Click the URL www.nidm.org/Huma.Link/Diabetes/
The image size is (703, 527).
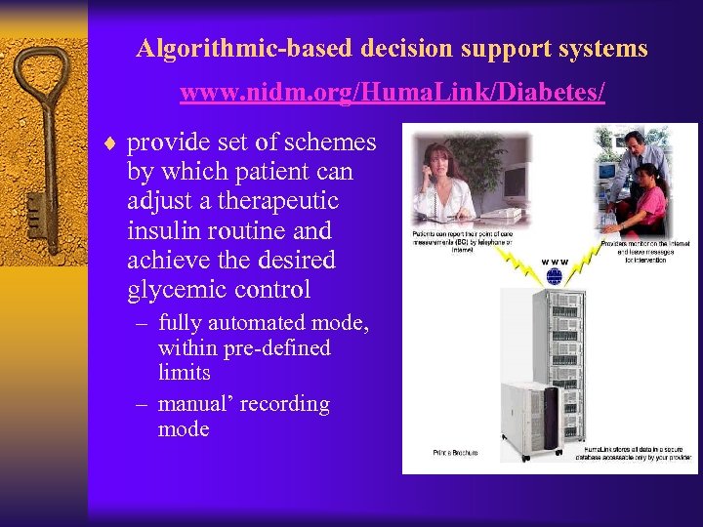pos(393,94)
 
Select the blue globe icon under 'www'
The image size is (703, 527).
pos(555,276)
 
